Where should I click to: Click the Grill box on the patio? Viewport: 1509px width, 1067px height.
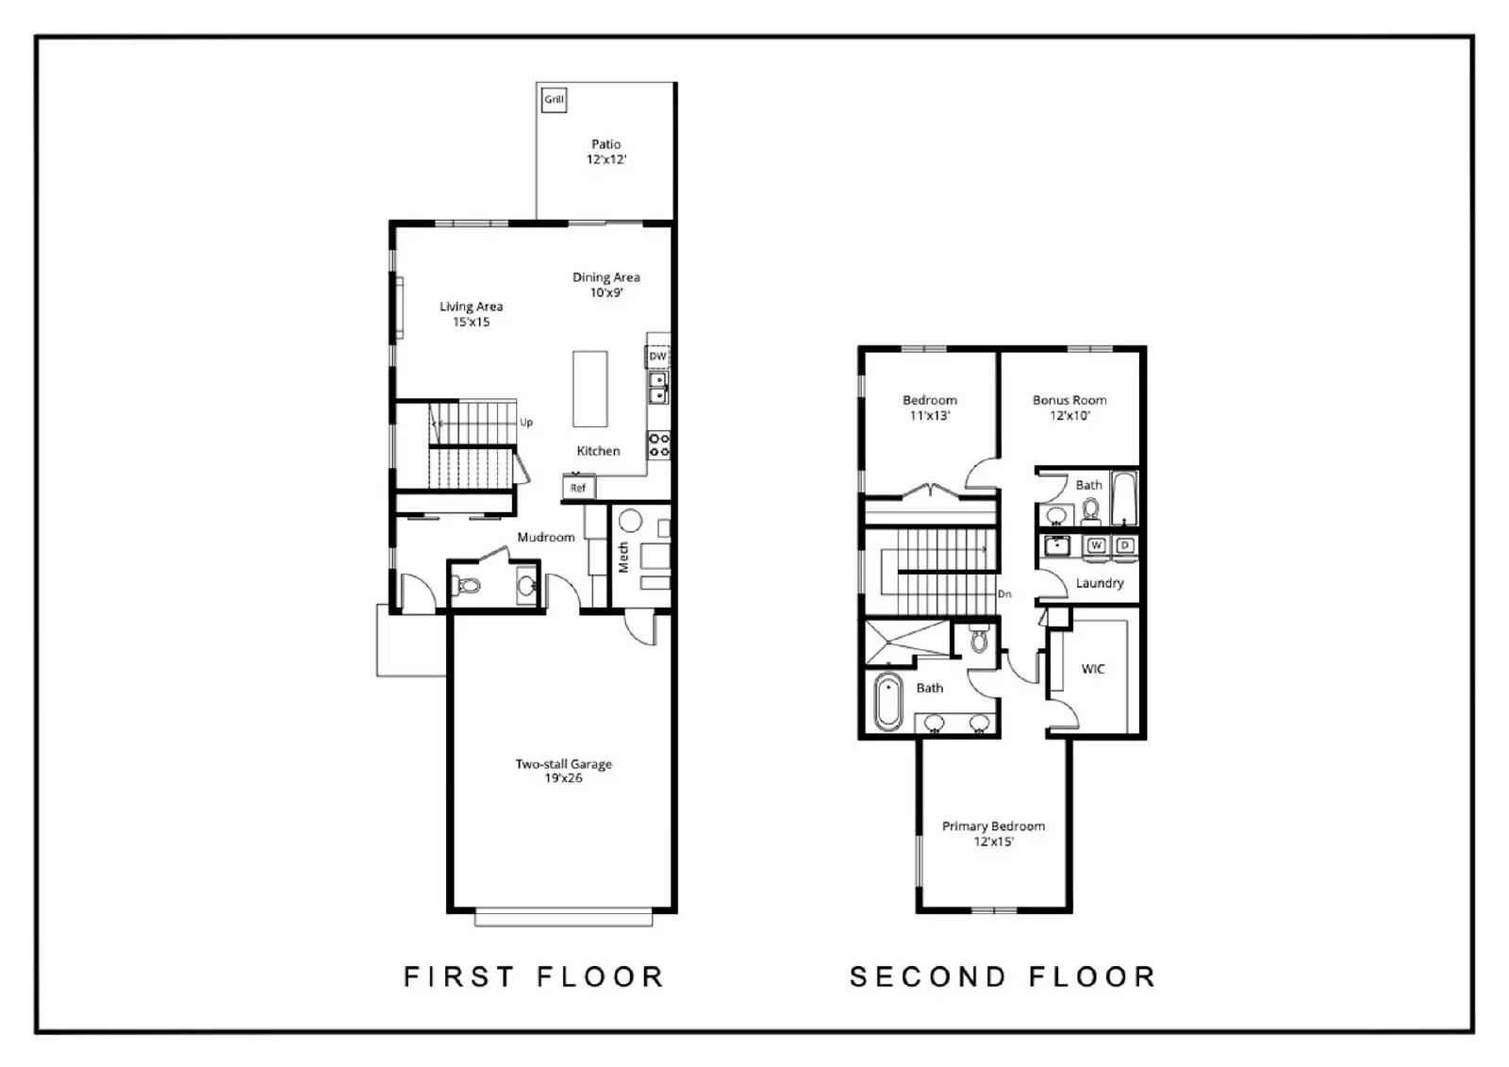554,99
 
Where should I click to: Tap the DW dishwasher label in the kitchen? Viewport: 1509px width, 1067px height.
657,357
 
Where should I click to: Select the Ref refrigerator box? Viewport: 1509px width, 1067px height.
578,488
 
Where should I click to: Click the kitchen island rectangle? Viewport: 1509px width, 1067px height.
590,389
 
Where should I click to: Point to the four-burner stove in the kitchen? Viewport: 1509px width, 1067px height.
658,445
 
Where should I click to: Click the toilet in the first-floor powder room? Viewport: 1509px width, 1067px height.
467,586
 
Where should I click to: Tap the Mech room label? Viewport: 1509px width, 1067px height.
623,557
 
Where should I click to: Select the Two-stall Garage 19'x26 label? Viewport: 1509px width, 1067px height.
563,771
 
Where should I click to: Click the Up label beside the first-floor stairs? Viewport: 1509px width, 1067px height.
526,423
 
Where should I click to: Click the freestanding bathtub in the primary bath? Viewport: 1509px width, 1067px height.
887,702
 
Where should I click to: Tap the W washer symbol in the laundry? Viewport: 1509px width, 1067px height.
1096,545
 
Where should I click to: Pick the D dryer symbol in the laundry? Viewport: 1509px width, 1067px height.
1124,545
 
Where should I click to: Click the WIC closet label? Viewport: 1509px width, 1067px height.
1093,669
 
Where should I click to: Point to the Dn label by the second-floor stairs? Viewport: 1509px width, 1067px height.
1004,593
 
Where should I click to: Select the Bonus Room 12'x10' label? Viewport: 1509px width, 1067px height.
1070,408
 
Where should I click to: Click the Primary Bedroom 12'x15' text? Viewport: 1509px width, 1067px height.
993,833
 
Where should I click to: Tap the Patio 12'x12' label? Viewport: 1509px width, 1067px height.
606,152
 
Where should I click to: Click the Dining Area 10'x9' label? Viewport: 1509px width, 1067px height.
606,284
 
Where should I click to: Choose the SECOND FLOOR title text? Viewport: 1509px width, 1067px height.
1003,976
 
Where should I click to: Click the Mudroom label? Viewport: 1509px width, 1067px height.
545,538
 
